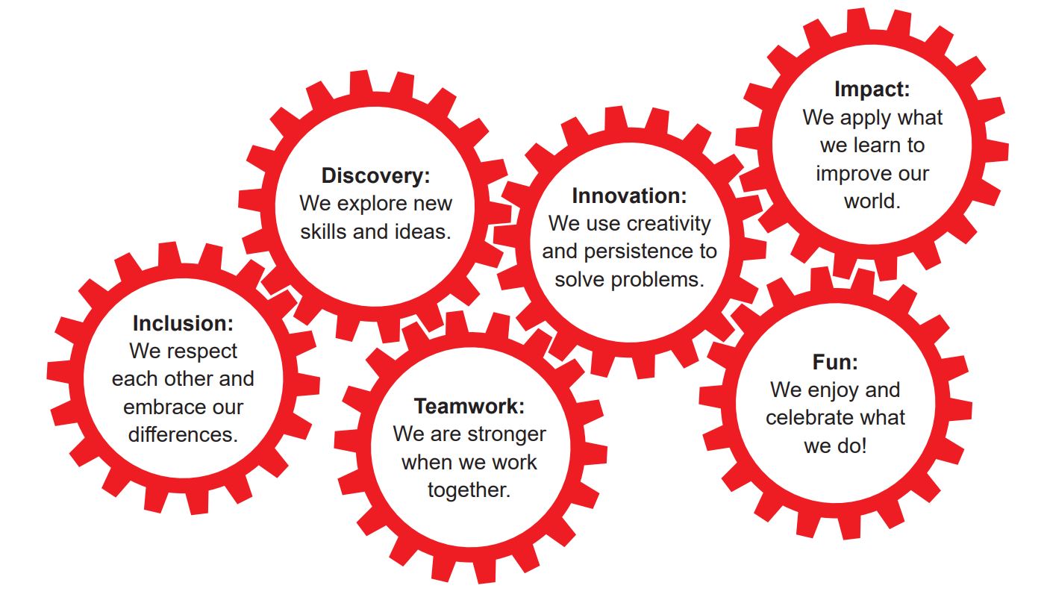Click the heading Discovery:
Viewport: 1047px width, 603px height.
click(x=375, y=176)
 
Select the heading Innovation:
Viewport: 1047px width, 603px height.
click(x=628, y=196)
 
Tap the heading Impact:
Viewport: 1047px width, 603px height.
click(x=872, y=90)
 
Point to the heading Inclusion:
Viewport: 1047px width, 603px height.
click(x=183, y=324)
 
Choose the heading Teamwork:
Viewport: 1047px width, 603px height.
click(x=469, y=407)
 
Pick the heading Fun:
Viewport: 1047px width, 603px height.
click(x=834, y=363)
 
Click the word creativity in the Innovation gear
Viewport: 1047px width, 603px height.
click(x=669, y=224)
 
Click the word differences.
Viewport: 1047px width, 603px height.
click(x=183, y=435)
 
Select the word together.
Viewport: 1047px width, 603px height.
click(x=469, y=490)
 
